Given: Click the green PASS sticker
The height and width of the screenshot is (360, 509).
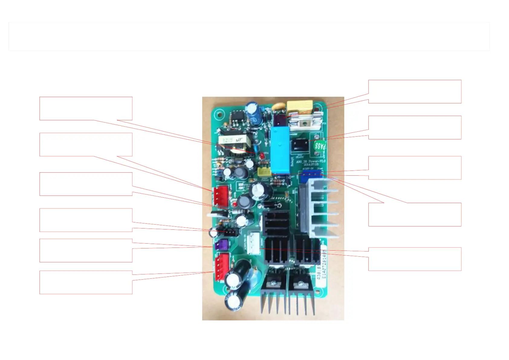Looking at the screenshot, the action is [320, 146].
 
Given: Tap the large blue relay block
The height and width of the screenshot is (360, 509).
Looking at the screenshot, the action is [280, 150].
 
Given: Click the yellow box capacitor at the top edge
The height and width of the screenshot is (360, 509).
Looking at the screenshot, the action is [299, 106].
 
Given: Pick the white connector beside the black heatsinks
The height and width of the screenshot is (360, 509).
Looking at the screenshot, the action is [253, 244].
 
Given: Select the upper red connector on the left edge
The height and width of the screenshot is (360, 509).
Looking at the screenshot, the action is [221, 196].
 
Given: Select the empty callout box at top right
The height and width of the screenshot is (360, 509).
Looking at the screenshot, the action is [415, 92].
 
